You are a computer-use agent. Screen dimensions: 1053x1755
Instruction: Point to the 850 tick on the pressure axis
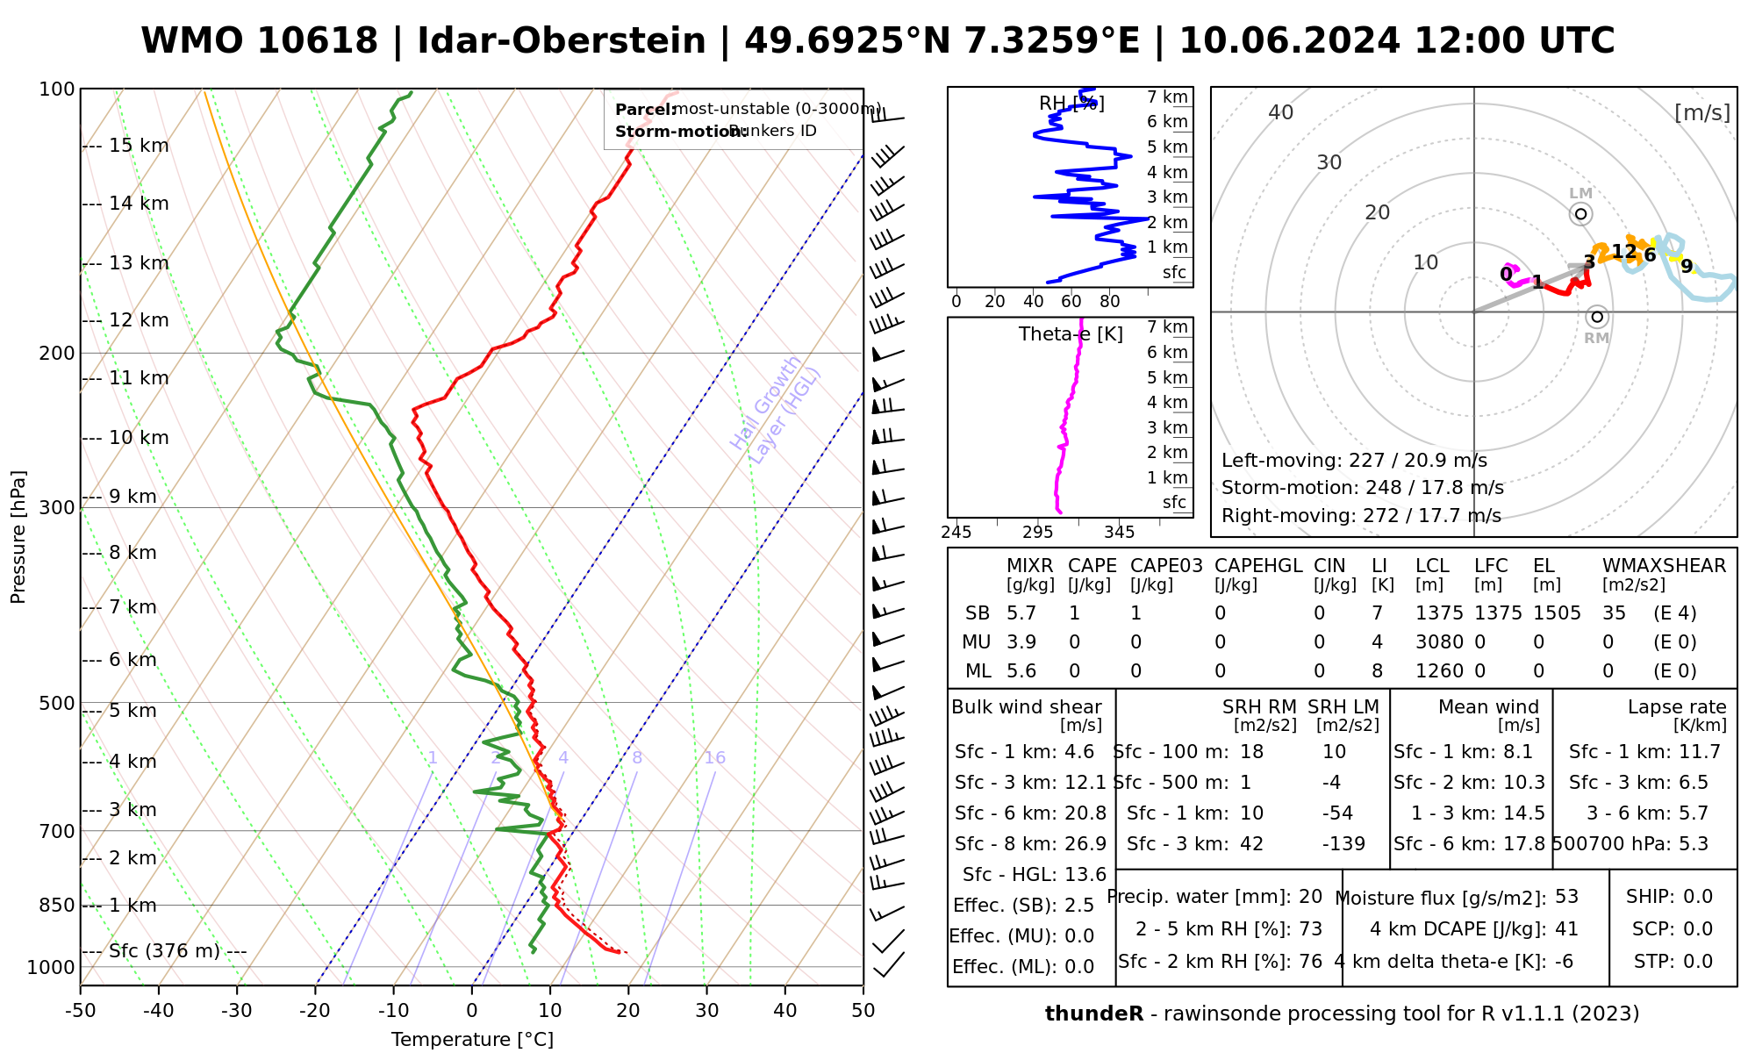tap(57, 905)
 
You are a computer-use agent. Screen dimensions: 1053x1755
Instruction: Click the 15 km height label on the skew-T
tap(139, 146)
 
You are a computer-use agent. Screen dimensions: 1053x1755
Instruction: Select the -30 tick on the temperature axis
tap(237, 1011)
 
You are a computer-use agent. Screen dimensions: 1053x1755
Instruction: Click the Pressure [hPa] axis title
tap(18, 537)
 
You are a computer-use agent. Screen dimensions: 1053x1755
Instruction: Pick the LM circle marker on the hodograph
tap(1580, 213)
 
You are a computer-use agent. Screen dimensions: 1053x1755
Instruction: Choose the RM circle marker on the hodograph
tap(1596, 317)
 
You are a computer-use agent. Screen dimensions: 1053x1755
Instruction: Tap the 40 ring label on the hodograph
tap(1281, 112)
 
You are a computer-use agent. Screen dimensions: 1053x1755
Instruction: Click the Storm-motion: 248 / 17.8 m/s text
tap(1362, 488)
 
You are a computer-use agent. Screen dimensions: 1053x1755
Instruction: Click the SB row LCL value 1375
tap(1439, 613)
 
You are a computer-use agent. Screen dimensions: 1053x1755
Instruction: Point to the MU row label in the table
tap(976, 642)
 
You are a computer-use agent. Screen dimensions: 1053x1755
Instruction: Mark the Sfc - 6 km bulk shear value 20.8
tap(1085, 813)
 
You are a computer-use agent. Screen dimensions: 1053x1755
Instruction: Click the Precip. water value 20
tap(1310, 897)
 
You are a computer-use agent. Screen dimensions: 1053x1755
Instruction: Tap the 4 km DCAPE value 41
tap(1566, 929)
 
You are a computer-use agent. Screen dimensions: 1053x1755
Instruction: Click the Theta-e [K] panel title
tap(1071, 334)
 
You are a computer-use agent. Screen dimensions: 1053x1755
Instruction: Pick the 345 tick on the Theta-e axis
tap(1119, 532)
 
